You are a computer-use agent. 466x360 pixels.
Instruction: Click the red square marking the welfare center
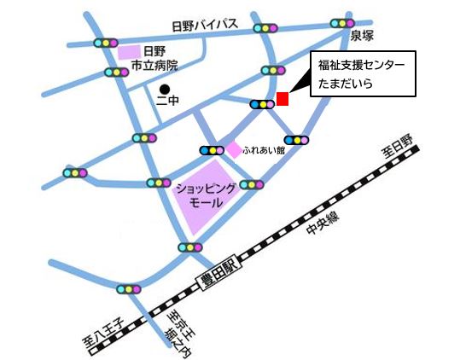[283, 99]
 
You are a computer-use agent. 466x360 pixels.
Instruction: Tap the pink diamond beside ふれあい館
[233, 149]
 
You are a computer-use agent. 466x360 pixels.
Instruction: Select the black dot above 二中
[166, 88]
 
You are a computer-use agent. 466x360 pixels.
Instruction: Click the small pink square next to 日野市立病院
[129, 53]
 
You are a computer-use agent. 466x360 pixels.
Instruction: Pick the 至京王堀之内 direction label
[178, 334]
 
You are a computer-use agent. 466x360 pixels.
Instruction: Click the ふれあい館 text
[262, 149]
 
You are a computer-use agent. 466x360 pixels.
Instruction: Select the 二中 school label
[166, 102]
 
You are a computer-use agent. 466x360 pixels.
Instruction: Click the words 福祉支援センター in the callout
[356, 65]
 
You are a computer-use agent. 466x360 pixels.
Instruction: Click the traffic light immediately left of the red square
[262, 104]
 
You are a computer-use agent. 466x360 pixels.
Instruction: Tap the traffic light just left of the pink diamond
[212, 151]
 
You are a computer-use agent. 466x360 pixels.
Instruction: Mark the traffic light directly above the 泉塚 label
[342, 24]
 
